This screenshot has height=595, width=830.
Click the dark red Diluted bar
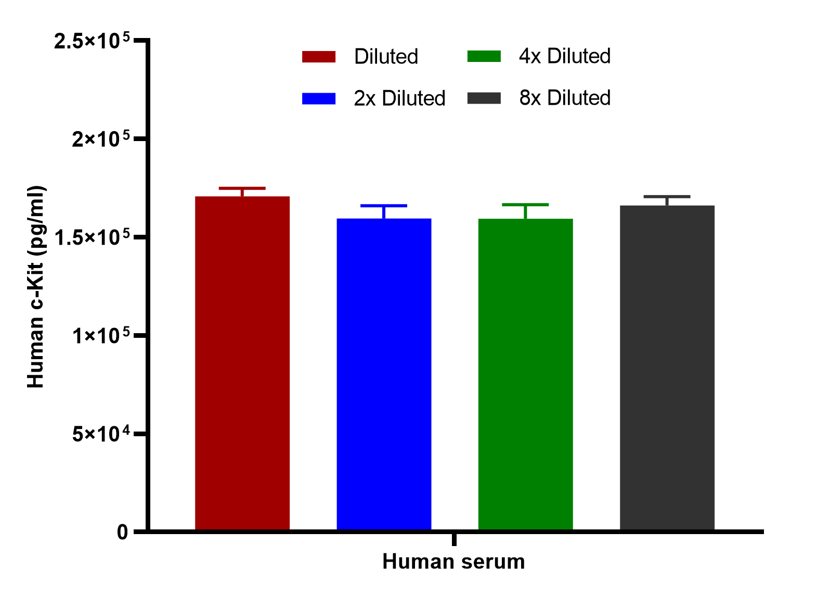click(x=242, y=363)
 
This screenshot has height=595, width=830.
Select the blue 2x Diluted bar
click(x=384, y=374)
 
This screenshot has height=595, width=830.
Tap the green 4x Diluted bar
click(x=525, y=374)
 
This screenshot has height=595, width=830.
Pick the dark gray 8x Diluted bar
click(x=667, y=368)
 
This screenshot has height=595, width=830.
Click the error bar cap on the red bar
click(x=242, y=188)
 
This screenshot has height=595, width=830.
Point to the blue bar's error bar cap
click(x=384, y=206)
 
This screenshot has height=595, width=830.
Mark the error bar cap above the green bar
click(x=525, y=205)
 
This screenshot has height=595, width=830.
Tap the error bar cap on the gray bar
click(x=667, y=197)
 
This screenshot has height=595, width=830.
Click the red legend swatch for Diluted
click(x=319, y=57)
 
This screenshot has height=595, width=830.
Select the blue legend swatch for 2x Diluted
click(x=319, y=99)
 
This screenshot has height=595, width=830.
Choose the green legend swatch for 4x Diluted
click(x=484, y=56)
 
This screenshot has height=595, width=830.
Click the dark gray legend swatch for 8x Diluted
click(x=484, y=98)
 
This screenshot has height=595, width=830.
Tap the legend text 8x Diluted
click(x=565, y=98)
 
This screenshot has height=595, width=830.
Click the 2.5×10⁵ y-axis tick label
click(x=92, y=41)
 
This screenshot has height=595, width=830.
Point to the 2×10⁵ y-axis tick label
click(x=101, y=139)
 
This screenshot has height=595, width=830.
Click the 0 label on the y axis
click(x=122, y=533)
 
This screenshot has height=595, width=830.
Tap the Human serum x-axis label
click(x=453, y=562)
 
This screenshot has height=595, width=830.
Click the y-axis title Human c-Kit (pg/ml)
click(x=36, y=287)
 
